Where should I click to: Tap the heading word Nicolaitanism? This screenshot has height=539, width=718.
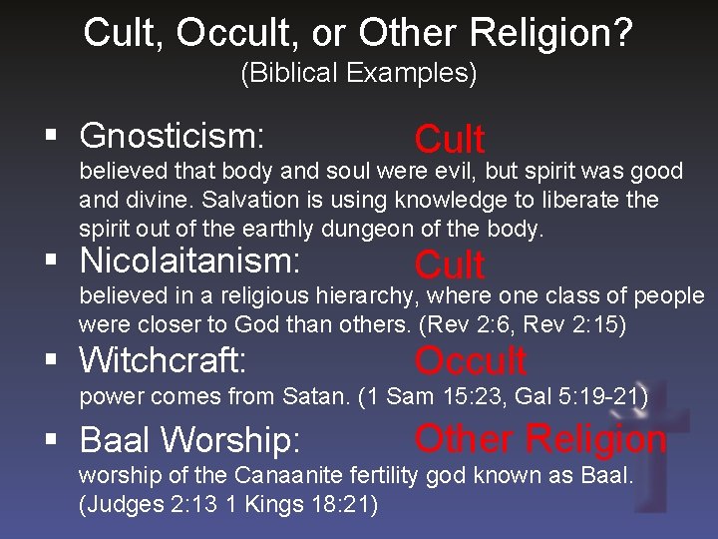(x=189, y=262)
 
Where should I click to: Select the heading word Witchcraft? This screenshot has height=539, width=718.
(x=164, y=359)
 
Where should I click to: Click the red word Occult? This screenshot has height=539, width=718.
(x=470, y=361)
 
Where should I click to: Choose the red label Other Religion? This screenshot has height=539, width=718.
(x=539, y=438)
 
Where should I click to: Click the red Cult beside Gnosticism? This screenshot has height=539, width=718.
(x=450, y=140)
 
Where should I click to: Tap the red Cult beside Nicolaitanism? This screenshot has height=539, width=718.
(x=450, y=266)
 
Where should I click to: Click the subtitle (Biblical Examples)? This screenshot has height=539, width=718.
(x=359, y=73)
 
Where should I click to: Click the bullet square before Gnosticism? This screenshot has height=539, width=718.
(x=63, y=137)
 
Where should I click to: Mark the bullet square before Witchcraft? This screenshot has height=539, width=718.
(x=63, y=360)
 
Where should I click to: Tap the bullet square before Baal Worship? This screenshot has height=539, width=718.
(x=63, y=440)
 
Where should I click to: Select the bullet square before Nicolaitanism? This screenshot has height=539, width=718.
(x=63, y=263)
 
